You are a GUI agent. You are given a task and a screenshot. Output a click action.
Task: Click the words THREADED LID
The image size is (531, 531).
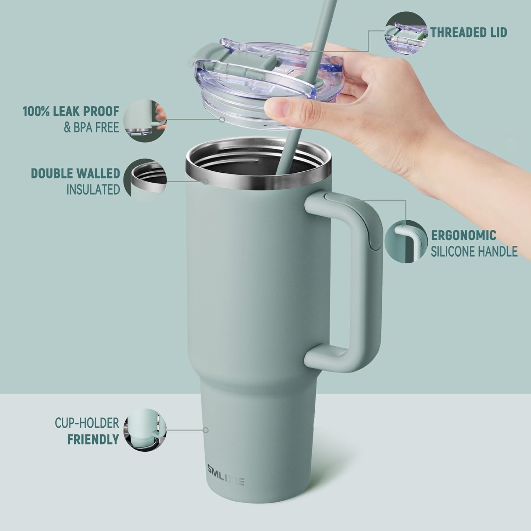click(469, 32)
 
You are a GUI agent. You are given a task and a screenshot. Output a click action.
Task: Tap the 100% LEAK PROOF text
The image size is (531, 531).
click(71, 111)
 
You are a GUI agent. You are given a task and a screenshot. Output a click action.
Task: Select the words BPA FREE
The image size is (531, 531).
click(91, 127)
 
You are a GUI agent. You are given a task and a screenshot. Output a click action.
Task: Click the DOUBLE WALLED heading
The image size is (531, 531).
click(75, 173)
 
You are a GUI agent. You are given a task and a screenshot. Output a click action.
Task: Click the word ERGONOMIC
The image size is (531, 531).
click(463, 235)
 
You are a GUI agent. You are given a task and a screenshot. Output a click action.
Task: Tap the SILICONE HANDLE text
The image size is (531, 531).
click(474, 251)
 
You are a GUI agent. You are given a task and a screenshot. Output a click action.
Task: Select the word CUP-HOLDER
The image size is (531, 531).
click(87, 423)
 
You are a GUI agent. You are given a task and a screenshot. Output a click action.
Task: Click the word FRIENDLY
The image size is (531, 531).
click(93, 439)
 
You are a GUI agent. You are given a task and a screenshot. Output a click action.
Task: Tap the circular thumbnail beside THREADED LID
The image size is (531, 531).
click(406, 32)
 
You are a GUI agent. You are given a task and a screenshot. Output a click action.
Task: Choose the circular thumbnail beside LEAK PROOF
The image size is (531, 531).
click(145, 120)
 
